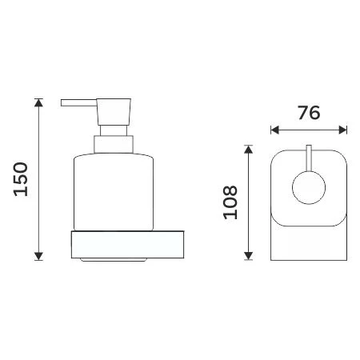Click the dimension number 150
point(22,179)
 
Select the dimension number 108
point(231,202)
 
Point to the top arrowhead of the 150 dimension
point(38,103)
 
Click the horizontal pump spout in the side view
point(78,102)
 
